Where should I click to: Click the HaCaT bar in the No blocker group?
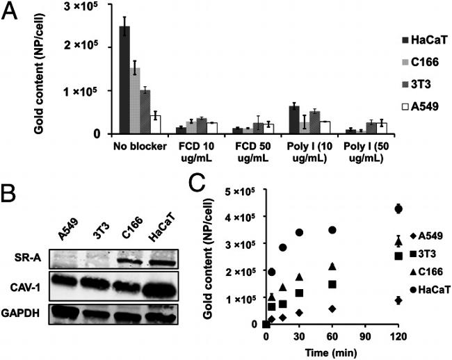tap(124, 80)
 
